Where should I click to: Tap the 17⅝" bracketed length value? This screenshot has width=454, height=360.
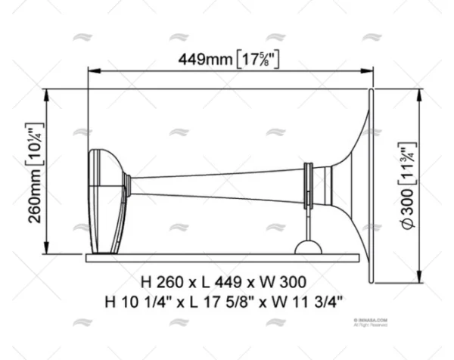pyautogui.click(x=257, y=58)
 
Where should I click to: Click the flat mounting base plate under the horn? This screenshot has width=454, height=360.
pyautogui.click(x=227, y=255)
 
